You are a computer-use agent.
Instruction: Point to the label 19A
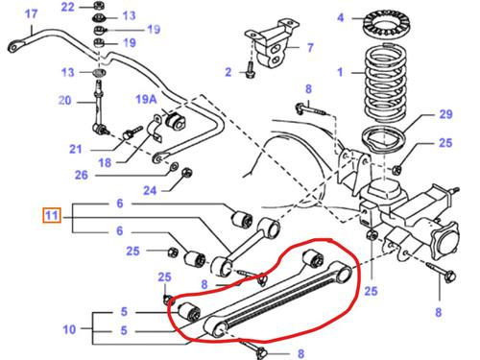pyautogui.click(x=145, y=99)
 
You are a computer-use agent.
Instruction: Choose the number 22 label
pyautogui.click(x=66, y=8)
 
